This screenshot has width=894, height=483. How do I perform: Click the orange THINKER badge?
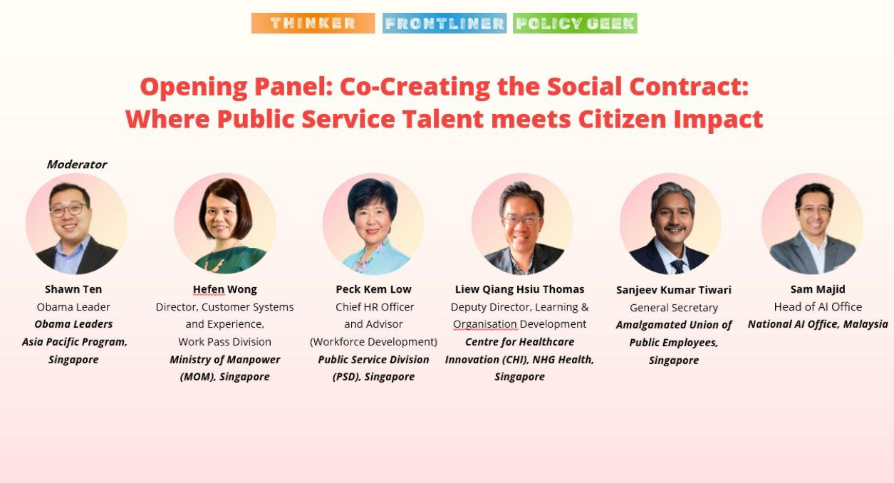[x=313, y=23]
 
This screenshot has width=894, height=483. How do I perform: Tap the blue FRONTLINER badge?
[x=445, y=23]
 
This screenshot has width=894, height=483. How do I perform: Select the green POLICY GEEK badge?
[x=575, y=23]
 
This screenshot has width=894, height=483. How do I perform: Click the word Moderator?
[x=77, y=165]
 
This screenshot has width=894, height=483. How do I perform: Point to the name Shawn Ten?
[x=73, y=289]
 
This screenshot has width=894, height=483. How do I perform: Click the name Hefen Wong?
[x=224, y=289]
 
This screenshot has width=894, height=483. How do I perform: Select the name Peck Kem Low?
[x=373, y=289]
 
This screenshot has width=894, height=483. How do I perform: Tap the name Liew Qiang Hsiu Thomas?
[x=519, y=289]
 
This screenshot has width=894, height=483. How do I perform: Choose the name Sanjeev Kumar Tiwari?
[x=674, y=290]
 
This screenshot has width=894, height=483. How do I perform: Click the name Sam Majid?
[x=818, y=289]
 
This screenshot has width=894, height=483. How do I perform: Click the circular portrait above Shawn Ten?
[x=76, y=224]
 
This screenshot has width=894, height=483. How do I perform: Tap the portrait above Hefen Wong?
[x=225, y=224]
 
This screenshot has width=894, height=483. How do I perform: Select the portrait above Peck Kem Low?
[x=373, y=224]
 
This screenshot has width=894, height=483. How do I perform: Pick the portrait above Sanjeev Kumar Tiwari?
[x=670, y=224]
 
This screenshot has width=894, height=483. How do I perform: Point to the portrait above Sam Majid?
[x=812, y=224]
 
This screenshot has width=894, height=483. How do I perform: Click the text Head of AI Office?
[x=818, y=306]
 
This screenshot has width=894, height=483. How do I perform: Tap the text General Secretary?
[x=674, y=308]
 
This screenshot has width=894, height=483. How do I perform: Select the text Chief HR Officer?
[x=375, y=307]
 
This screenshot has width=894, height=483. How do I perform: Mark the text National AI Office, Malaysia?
[x=818, y=324]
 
